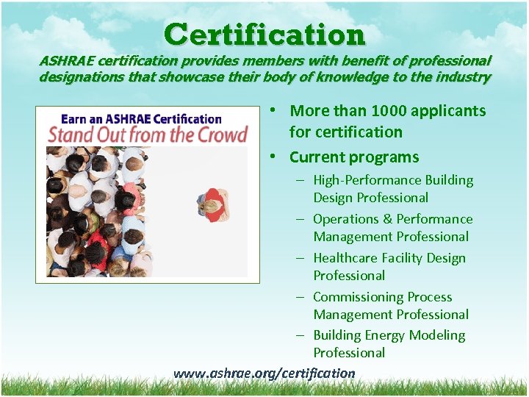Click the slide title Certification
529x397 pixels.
(264, 35)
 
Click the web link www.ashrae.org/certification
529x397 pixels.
(264, 373)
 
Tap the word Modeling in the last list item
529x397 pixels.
(437, 335)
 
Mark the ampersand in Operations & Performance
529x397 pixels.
(387, 219)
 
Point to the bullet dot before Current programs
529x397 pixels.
(273, 157)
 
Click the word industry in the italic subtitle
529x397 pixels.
(464, 76)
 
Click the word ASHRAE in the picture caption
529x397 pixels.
(129, 118)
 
